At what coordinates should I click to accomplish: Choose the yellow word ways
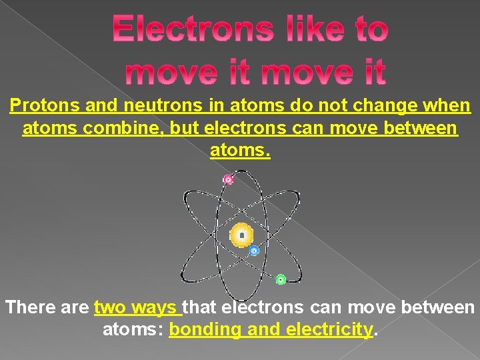tap(154, 309)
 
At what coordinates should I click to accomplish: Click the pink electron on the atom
tap(228, 179)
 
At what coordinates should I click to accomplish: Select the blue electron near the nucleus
tap(254, 251)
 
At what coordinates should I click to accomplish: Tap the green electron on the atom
tap(281, 280)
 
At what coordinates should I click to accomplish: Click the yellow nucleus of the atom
tap(241, 235)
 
